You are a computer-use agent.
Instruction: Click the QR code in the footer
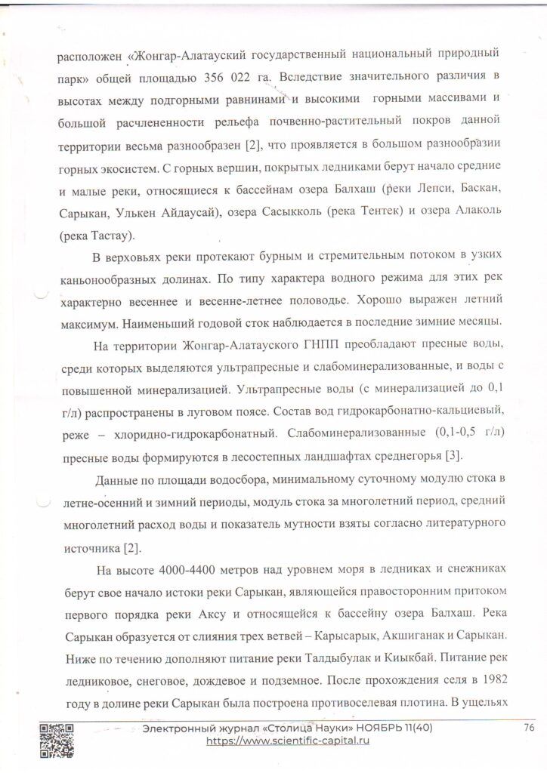[x=57, y=740]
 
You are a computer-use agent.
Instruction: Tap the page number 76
[x=529, y=728]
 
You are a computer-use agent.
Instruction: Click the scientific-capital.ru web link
[x=288, y=741]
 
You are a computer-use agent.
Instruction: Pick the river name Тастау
[x=108, y=236]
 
